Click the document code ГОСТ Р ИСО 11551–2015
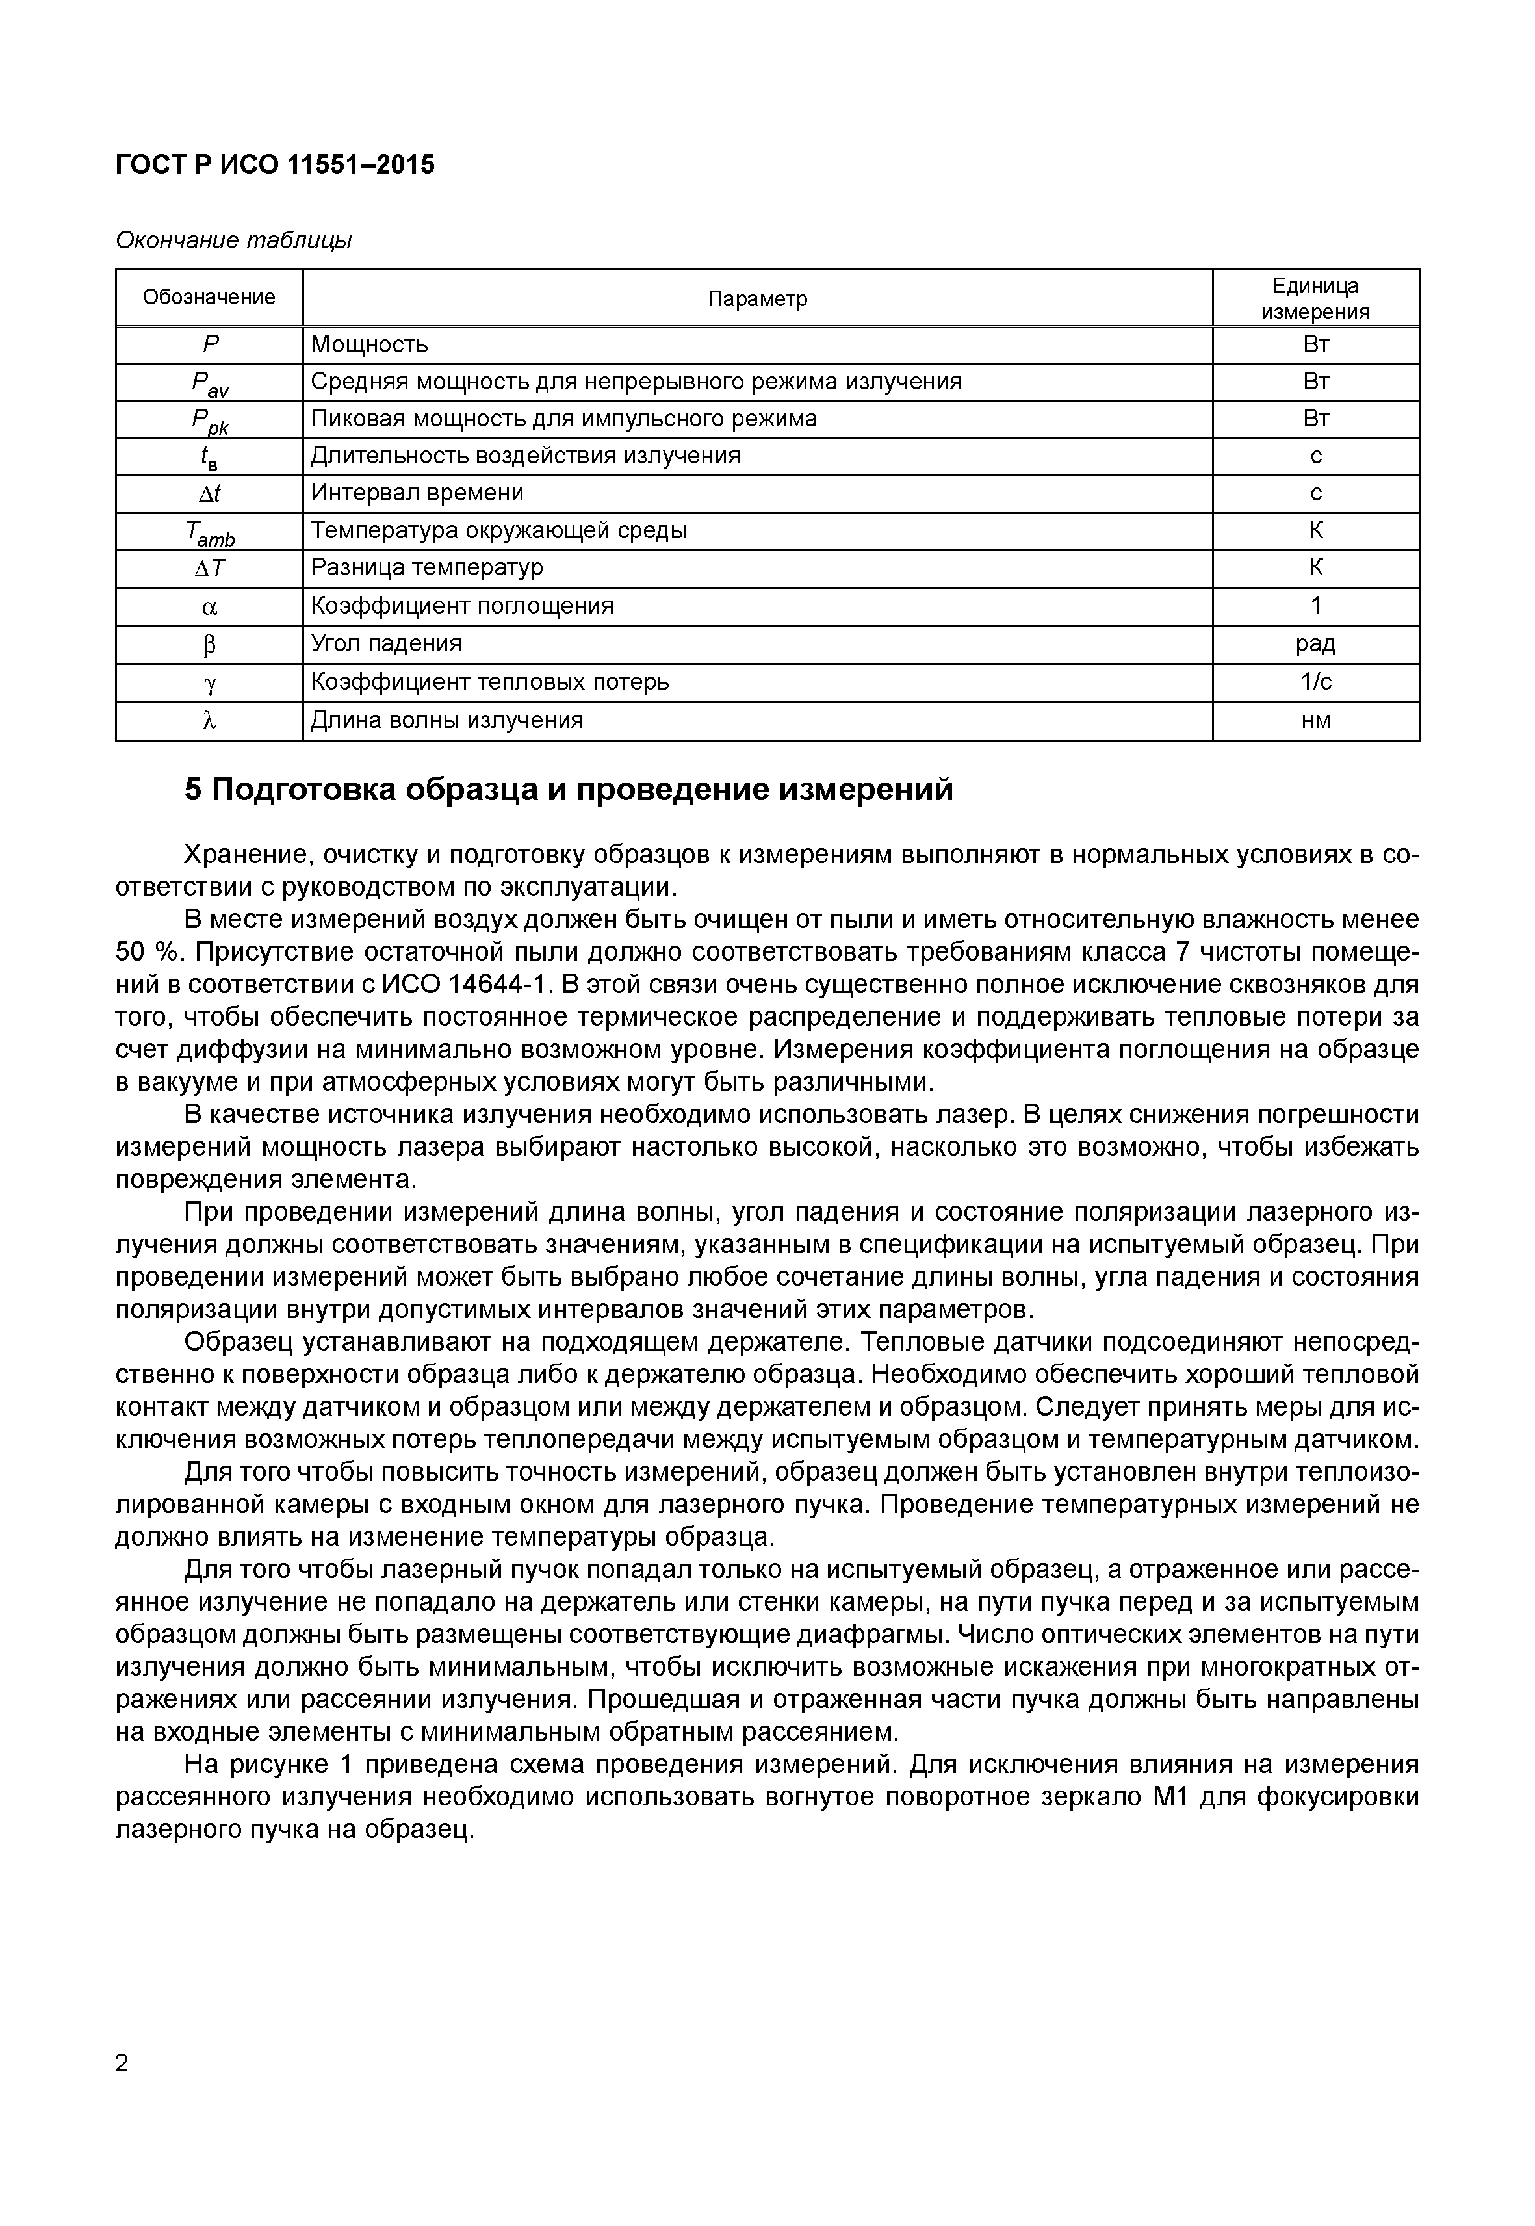tap(275, 164)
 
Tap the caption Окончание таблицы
tap(234, 240)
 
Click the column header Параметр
tap(757, 299)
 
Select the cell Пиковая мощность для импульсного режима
tap(563, 419)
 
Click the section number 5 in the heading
tap(192, 790)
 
